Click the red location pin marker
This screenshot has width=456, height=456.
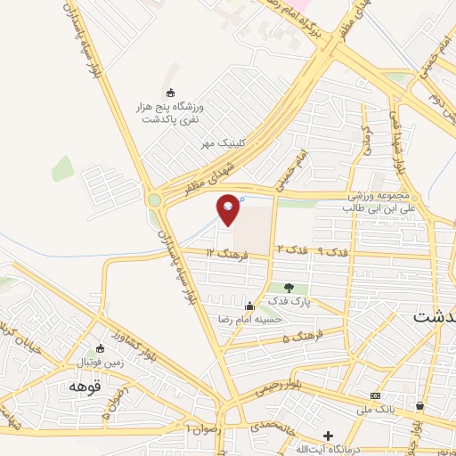coord(228,208)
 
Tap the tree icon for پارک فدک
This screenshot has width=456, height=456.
coord(288,288)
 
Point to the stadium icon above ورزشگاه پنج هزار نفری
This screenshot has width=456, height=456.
coord(171,92)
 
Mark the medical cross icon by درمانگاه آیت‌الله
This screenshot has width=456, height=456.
coord(329,436)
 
